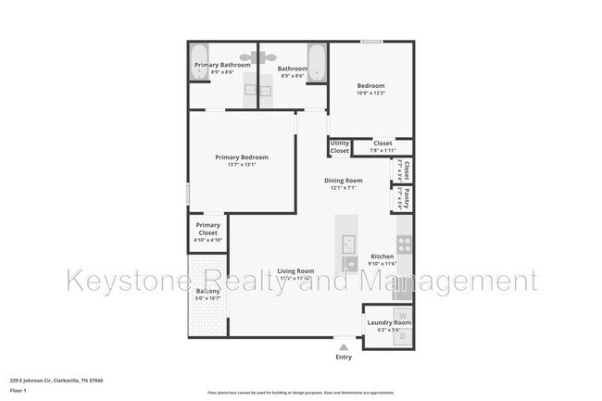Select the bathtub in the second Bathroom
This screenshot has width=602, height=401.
coord(316,62)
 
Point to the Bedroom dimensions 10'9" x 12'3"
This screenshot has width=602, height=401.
coord(370,94)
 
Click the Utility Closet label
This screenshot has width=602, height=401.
coord(340,146)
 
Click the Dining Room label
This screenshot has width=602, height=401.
coord(343,181)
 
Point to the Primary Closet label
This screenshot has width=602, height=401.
coord(207,230)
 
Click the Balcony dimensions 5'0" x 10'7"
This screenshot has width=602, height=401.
coord(207,299)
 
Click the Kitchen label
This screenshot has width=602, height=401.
coord(383,257)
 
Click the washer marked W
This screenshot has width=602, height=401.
coord(400,313)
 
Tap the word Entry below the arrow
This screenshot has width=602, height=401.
coord(344,357)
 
